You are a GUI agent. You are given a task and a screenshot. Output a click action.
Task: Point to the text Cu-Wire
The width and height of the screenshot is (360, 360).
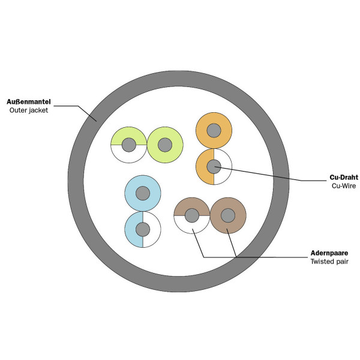click(x=344, y=187)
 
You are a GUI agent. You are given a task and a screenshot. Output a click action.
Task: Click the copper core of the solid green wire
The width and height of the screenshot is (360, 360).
click(x=164, y=145)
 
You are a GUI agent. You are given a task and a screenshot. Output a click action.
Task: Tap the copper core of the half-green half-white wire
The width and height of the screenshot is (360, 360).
click(x=128, y=145)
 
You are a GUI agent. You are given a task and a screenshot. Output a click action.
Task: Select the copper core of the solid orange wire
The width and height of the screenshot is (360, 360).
click(x=214, y=130)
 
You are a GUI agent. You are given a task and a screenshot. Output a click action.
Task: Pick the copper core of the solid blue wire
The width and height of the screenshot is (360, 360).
click(x=142, y=193)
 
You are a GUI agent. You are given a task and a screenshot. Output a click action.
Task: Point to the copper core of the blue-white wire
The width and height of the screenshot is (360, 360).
click(x=142, y=229)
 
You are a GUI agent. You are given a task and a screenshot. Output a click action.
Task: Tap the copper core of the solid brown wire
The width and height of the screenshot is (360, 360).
click(x=227, y=215)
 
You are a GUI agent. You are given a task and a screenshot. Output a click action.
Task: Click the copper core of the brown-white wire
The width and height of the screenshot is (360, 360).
click(x=191, y=215)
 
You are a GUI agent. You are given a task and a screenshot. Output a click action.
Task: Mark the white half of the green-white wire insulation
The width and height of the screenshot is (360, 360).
click(x=128, y=155)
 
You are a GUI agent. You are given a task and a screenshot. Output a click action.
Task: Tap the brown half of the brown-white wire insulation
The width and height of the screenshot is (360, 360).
click(x=191, y=205)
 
